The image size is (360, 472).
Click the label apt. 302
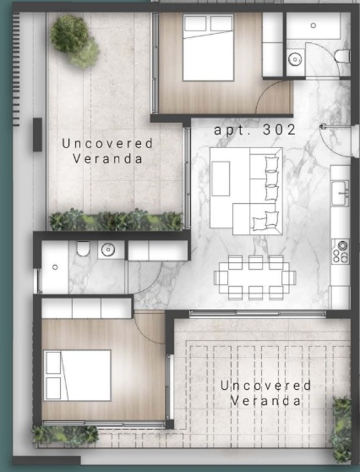click(x=254, y=130)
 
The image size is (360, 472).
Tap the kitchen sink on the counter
click(x=341, y=193)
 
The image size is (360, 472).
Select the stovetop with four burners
click(x=341, y=251)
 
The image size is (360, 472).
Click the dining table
click(x=255, y=277)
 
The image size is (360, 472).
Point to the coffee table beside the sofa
click(x=221, y=178)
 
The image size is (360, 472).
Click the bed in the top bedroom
click(x=208, y=47)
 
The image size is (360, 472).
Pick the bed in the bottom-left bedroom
click(x=77, y=376)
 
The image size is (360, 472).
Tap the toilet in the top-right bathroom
click(x=342, y=57)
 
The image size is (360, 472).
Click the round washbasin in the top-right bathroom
click(x=295, y=59)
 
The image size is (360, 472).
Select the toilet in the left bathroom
click(x=83, y=249)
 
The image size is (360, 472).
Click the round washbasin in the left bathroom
click(x=108, y=250)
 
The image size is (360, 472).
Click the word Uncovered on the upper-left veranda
click(x=107, y=143)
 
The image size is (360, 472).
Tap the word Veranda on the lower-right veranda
click(x=265, y=401)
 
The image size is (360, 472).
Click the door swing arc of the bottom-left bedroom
click(x=145, y=332)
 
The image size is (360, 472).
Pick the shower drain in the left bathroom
click(x=55, y=267)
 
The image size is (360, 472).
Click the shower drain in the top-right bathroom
click(x=313, y=25)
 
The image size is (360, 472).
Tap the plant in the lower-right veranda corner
click(x=341, y=427)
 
